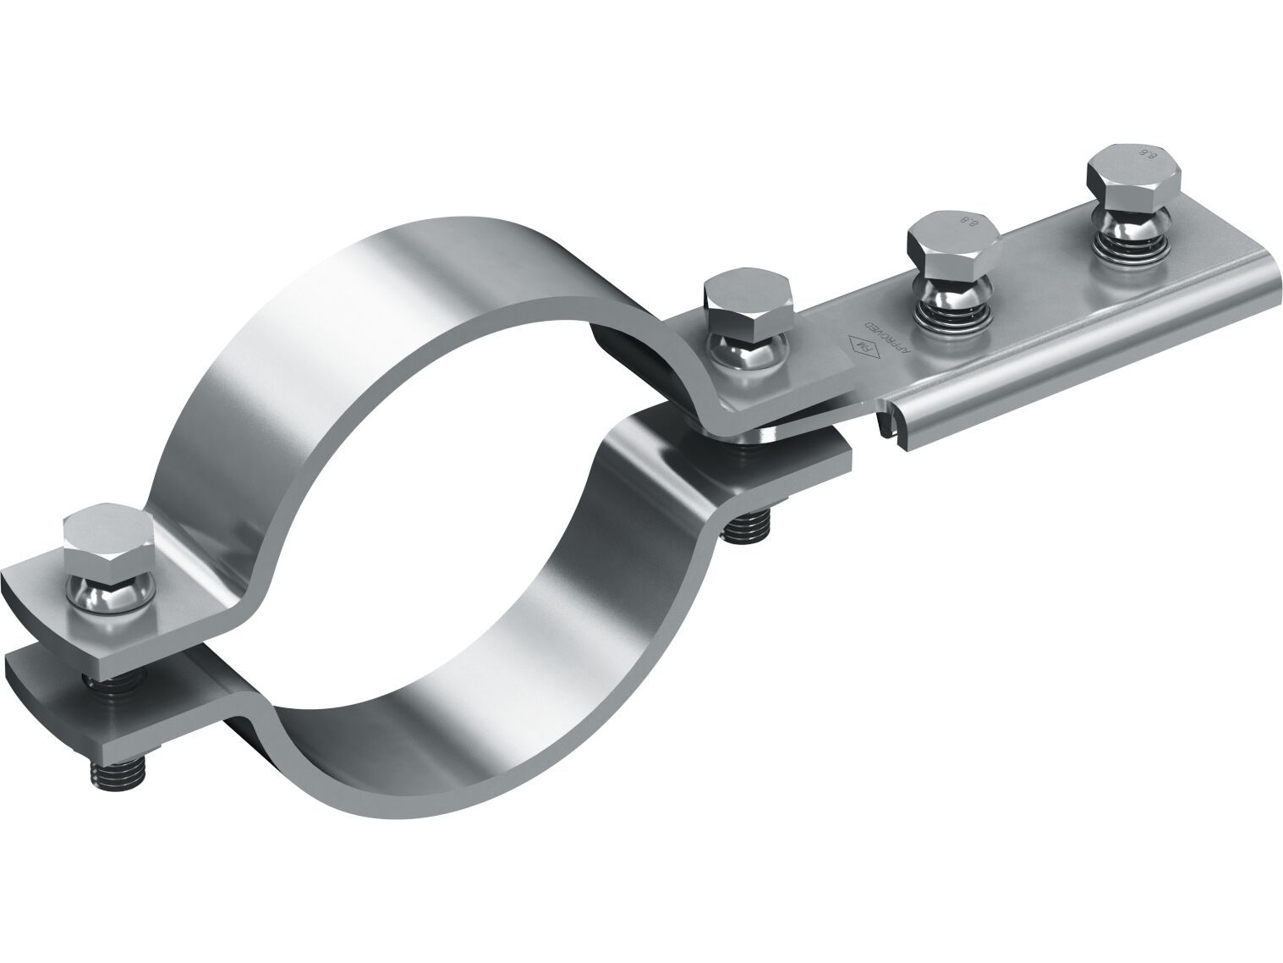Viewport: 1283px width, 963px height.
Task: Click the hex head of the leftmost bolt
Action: pyautogui.click(x=107, y=542)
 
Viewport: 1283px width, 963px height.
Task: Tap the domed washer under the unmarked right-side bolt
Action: pyautogui.click(x=748, y=351)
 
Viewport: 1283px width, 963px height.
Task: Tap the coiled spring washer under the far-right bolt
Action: pyautogui.click(x=1130, y=246)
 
